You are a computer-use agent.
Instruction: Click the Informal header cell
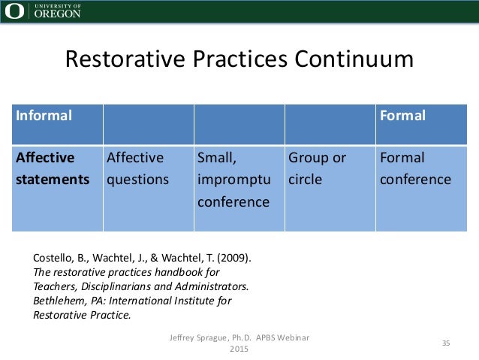coord(46,116)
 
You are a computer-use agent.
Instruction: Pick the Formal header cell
coord(402,116)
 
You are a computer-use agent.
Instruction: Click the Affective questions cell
coord(137,169)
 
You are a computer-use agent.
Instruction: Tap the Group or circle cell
coord(318,169)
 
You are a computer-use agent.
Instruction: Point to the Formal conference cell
coord(415,169)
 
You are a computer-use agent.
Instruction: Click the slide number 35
coord(445,343)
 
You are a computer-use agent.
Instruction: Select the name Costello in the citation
coord(55,258)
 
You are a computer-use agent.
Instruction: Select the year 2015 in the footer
coord(238,349)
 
